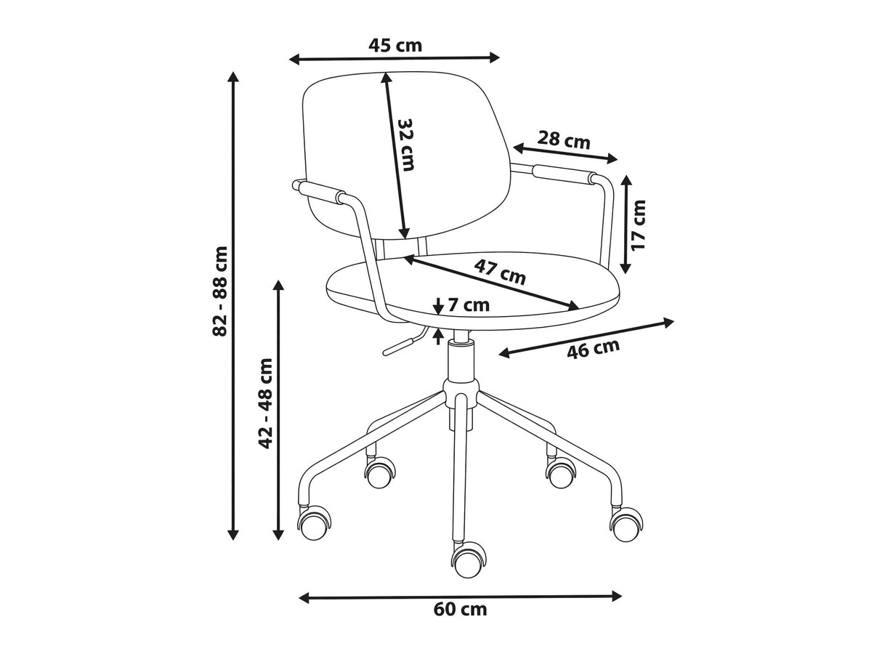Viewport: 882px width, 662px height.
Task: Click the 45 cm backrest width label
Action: [395, 46]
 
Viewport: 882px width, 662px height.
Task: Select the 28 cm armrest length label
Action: [564, 140]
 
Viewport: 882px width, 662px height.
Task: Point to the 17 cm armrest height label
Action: [638, 225]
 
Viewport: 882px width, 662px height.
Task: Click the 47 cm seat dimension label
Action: [500, 272]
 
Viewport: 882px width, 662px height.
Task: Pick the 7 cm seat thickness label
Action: [469, 305]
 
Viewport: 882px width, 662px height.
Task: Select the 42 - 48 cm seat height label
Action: [265, 403]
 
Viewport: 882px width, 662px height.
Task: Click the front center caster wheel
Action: [469, 560]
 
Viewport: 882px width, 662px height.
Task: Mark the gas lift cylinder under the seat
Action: [461, 360]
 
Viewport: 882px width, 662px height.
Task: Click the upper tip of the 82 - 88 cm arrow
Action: [232, 72]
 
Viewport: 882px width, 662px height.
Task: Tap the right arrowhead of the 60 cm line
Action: [622, 596]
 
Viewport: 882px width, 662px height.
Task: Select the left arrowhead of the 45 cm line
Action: [289, 60]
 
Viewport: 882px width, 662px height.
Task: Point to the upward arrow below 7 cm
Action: [438, 336]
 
